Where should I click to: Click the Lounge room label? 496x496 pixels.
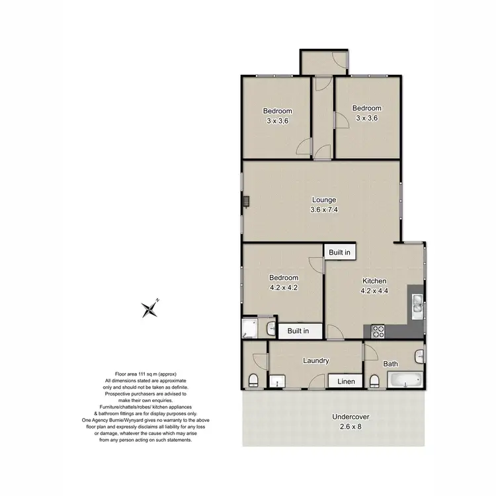pyautogui.click(x=325, y=200)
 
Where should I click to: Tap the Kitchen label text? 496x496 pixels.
pyautogui.click(x=374, y=280)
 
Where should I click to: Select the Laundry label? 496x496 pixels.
pyautogui.click(x=316, y=360)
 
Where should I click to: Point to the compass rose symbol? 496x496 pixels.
pyautogui.click(x=150, y=309)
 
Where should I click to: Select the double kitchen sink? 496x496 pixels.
pyautogui.click(x=418, y=303)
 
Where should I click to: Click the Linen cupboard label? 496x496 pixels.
pyautogui.click(x=345, y=382)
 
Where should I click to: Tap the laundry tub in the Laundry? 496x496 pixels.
pyautogui.click(x=275, y=382)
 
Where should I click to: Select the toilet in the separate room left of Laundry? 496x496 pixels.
pyautogui.click(x=253, y=380)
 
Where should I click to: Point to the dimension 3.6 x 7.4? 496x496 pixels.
pyautogui.click(x=325, y=210)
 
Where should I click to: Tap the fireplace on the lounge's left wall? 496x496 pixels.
pyautogui.click(x=245, y=200)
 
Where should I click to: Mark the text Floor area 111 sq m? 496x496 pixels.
pyautogui.click(x=146, y=374)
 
